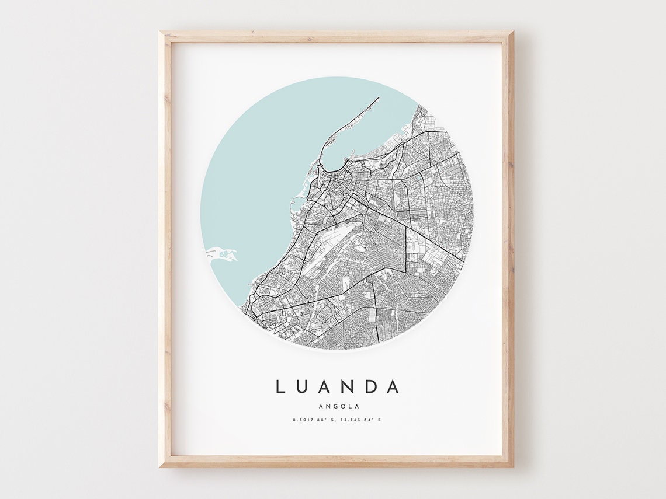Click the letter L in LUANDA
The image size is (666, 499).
coord(280,386)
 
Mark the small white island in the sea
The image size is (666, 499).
coord(222,254)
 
